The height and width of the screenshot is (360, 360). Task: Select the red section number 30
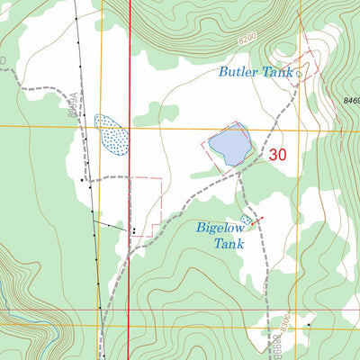pos(277,155)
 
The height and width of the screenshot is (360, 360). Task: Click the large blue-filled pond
pos(229,145)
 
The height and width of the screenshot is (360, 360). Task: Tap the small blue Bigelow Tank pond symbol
pos(247,220)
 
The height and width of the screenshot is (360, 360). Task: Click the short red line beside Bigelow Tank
pos(257,219)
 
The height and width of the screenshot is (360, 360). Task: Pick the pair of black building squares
pos(134,231)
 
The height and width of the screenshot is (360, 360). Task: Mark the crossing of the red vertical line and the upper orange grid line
pos(130,128)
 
